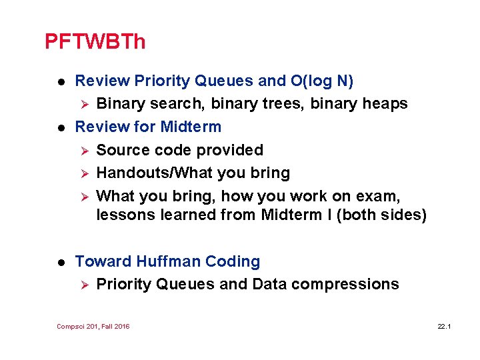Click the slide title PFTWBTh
coord(95,42)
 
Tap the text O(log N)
coord(323,81)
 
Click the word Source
coord(123,150)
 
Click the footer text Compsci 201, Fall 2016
coord(93,326)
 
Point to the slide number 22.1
coord(445,326)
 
